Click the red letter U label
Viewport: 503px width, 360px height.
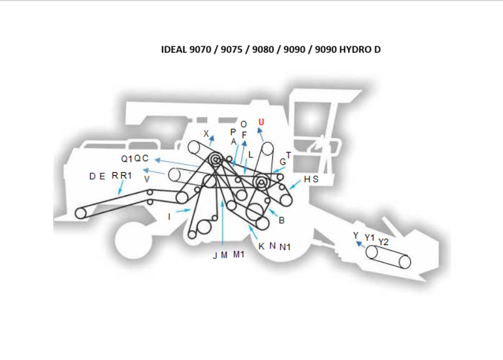(261, 122)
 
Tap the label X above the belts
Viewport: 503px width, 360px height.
(206, 133)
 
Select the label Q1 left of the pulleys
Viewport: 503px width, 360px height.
(127, 158)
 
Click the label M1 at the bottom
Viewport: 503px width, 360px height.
(239, 255)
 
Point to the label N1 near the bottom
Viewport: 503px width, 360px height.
(285, 247)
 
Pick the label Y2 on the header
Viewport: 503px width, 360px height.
(383, 241)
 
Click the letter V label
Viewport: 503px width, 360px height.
(147, 180)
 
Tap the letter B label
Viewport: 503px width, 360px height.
(282, 220)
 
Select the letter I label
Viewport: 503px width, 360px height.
(169, 216)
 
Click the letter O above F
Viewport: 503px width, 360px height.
(243, 124)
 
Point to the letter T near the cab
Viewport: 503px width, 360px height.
(289, 155)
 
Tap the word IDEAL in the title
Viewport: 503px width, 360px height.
(174, 49)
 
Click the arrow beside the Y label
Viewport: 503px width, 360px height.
(361, 244)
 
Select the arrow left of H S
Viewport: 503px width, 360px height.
(295, 184)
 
